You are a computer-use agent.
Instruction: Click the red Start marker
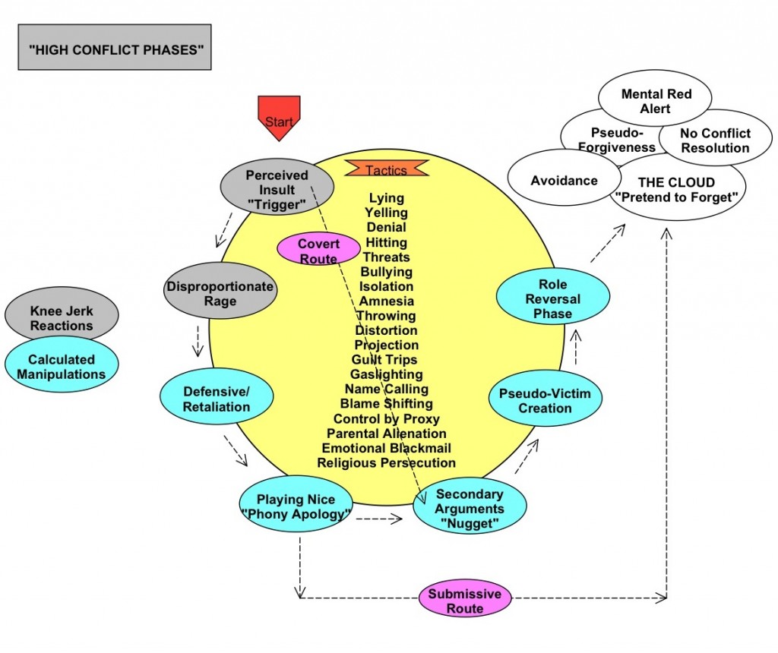point(279,116)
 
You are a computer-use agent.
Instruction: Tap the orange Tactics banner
point(387,170)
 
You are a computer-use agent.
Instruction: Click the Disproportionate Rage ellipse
point(220,294)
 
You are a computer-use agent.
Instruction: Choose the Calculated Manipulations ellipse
point(62,367)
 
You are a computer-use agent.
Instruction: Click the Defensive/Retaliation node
point(216,399)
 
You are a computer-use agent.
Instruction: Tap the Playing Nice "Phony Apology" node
point(296,506)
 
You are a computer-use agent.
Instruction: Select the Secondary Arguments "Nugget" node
point(470,509)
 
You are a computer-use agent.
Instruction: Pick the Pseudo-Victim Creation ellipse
point(545,401)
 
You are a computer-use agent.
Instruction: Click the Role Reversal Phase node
point(552,299)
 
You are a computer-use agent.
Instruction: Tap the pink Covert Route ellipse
point(318,251)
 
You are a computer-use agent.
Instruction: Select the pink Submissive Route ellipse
point(465,601)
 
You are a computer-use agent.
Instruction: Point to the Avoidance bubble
point(564,181)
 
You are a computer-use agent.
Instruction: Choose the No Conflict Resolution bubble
point(705,140)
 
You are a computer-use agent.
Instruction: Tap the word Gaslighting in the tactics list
point(386,374)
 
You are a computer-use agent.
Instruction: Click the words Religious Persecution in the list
point(386,462)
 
